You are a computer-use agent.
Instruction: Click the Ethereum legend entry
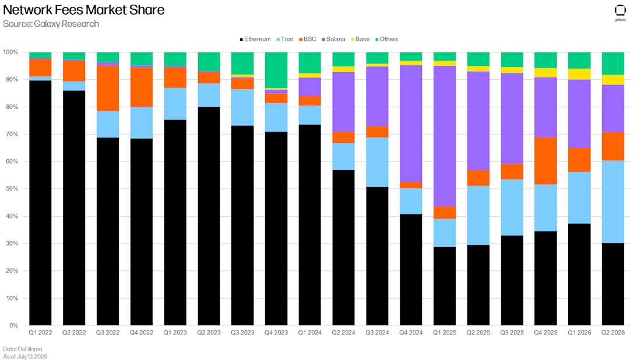click(255, 39)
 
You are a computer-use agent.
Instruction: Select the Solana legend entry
click(333, 39)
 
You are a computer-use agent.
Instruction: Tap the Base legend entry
click(360, 39)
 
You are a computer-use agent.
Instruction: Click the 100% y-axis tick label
click(10, 52)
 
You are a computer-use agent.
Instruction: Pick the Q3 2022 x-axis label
click(108, 333)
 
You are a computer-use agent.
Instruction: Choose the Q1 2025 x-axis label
click(445, 333)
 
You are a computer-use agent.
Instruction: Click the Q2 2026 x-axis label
click(613, 333)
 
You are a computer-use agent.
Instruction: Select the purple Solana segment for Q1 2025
click(445, 136)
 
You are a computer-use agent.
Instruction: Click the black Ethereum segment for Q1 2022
click(40, 203)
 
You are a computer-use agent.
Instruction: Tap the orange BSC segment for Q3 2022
click(108, 89)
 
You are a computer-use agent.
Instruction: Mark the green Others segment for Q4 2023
click(276, 70)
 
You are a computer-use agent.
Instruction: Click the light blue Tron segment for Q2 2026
click(613, 202)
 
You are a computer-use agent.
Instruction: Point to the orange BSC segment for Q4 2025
click(545, 161)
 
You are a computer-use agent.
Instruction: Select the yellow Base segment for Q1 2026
click(579, 74)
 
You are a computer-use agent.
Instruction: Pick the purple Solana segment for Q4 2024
click(411, 123)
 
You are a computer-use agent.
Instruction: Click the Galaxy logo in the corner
click(620, 13)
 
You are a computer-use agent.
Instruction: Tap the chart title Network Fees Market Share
click(84, 10)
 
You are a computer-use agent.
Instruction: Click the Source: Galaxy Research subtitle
click(51, 24)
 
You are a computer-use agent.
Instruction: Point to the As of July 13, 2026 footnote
click(25, 357)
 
